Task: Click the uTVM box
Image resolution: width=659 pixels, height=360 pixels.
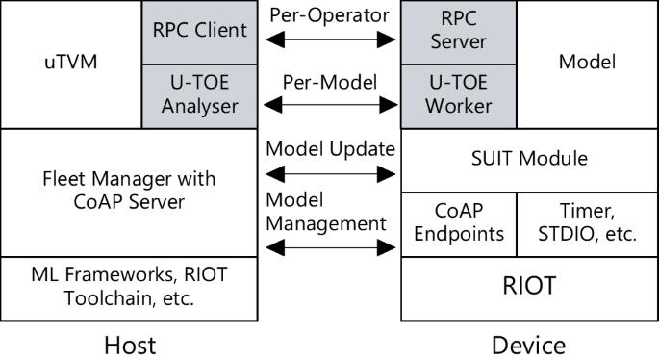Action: [70, 64]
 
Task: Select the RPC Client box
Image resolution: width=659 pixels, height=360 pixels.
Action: [199, 31]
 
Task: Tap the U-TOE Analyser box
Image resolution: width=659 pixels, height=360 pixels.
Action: [199, 95]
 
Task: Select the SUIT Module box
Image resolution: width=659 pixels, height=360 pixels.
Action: [530, 159]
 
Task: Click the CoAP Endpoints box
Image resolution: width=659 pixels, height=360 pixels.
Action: [459, 223]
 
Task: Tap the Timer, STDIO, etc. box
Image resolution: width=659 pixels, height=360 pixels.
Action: [588, 223]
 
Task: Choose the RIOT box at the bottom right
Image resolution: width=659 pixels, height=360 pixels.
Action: [530, 287]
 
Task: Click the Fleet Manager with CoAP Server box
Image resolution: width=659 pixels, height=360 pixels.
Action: [129, 192]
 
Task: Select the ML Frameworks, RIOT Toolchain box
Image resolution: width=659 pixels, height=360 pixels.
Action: [129, 288]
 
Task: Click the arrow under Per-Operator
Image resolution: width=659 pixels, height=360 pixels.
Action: [329, 41]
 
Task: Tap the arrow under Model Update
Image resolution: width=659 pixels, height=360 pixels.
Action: [329, 174]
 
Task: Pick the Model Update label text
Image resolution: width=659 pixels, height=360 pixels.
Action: [329, 149]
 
